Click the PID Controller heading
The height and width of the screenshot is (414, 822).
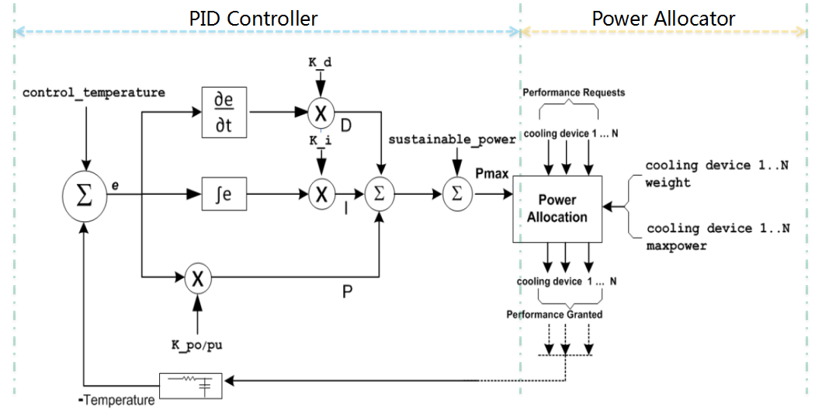click(x=253, y=19)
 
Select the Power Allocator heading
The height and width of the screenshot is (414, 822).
click(x=663, y=19)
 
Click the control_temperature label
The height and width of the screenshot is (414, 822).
click(x=94, y=92)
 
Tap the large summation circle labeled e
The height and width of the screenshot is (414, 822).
click(x=84, y=194)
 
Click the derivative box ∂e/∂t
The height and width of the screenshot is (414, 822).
click(x=224, y=113)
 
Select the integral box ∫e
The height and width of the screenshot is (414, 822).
click(x=224, y=194)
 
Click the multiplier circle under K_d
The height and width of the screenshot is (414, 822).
click(x=320, y=113)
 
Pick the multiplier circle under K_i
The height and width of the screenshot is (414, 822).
click(x=321, y=194)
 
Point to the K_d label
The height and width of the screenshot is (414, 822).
click(x=320, y=62)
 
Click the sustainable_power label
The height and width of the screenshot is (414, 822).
click(x=452, y=139)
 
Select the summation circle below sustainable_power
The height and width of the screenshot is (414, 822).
click(x=456, y=194)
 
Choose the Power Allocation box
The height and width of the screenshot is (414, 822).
click(x=557, y=209)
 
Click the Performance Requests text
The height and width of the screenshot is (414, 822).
click(x=574, y=92)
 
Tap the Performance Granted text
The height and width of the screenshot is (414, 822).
click(x=556, y=315)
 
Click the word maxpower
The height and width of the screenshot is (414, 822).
click(x=676, y=245)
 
